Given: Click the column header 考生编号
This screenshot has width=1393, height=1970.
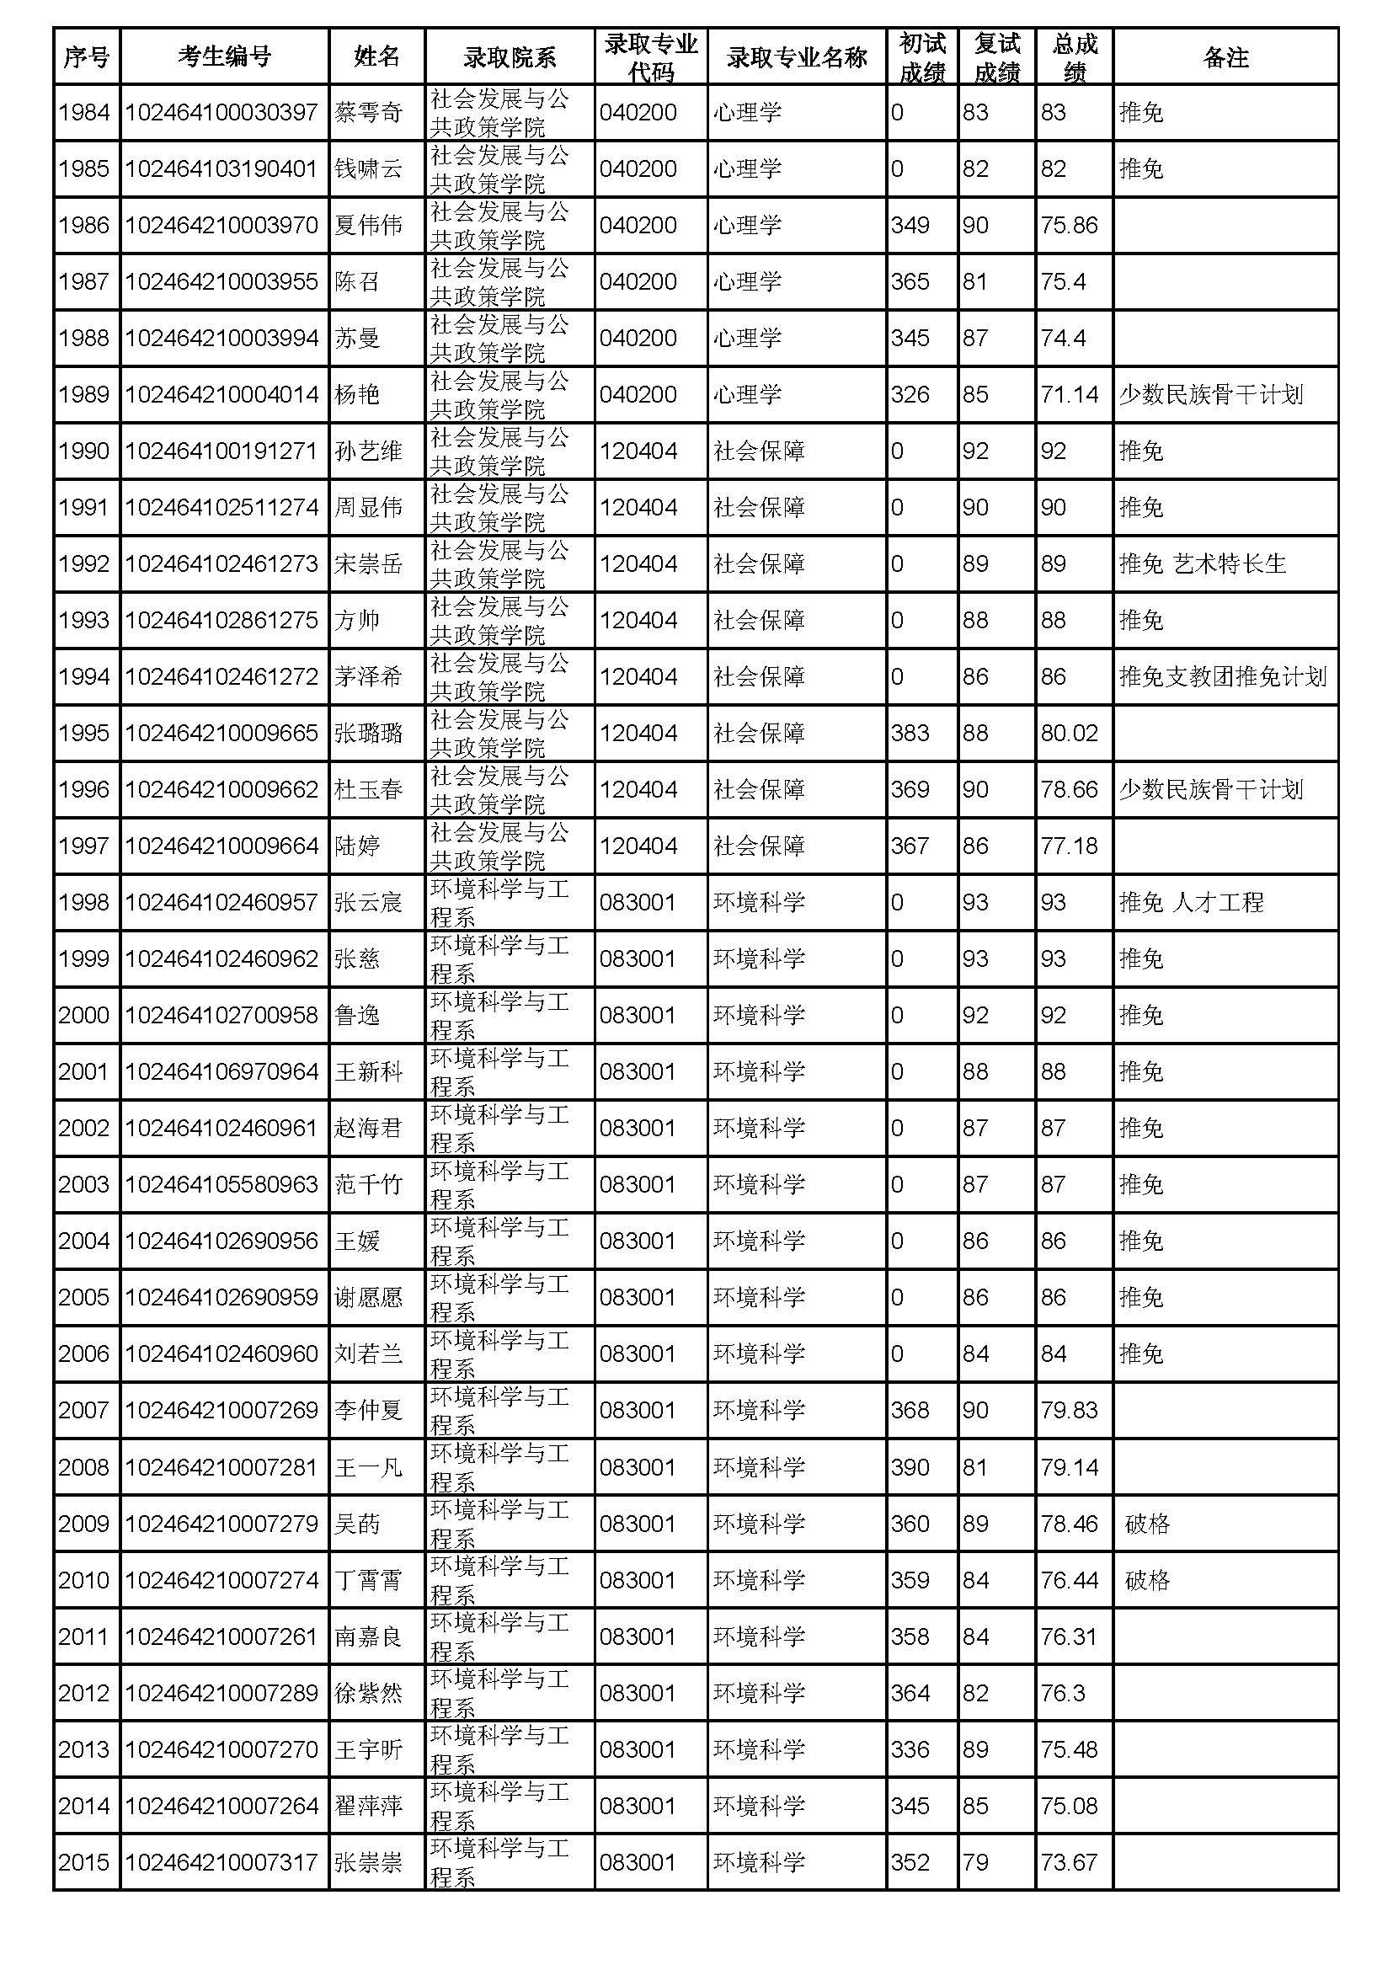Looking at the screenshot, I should tap(224, 56).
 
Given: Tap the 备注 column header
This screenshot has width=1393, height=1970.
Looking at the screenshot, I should tap(1225, 56).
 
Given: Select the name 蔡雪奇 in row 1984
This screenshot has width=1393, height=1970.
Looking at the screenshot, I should tap(368, 112).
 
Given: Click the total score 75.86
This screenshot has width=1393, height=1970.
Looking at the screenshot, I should tap(1069, 225).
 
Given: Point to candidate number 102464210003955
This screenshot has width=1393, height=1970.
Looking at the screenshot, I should tap(221, 281).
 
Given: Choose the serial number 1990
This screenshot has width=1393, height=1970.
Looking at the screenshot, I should tap(84, 451).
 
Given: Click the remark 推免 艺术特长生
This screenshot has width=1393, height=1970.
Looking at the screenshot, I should tap(1202, 563).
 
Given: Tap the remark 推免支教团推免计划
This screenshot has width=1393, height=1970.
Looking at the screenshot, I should tap(1222, 676).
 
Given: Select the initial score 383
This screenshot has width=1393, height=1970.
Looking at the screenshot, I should tap(910, 733).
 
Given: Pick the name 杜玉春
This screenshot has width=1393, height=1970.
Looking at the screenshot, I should tap(368, 789).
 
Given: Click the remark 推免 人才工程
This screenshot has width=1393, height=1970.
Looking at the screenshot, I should tap(1191, 902).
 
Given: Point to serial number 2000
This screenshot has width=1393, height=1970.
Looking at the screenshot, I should tap(84, 1015).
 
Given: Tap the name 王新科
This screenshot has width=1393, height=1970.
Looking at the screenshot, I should tap(368, 1071).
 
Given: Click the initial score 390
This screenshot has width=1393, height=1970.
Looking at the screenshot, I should tap(910, 1467).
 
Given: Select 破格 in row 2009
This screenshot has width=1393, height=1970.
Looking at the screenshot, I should tap(1147, 1524).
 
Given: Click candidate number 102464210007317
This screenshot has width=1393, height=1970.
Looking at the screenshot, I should tap(221, 1862).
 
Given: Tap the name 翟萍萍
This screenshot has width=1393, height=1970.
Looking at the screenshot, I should tap(368, 1805).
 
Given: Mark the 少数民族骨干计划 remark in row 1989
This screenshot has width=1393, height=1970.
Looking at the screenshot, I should tap(1210, 395).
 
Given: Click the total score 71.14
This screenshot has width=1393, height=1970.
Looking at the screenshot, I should tap(1069, 395).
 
